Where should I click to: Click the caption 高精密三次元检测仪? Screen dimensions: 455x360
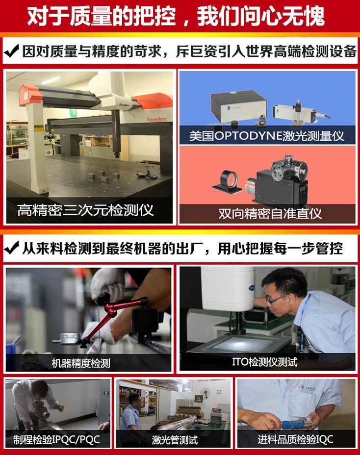click(x=85, y=210)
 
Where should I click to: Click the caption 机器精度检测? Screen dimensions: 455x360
click(x=81, y=363)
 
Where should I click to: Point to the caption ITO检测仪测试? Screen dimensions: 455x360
click(x=265, y=362)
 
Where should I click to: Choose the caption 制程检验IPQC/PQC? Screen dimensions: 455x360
click(x=53, y=439)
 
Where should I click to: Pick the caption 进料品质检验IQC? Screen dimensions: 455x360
click(x=295, y=439)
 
